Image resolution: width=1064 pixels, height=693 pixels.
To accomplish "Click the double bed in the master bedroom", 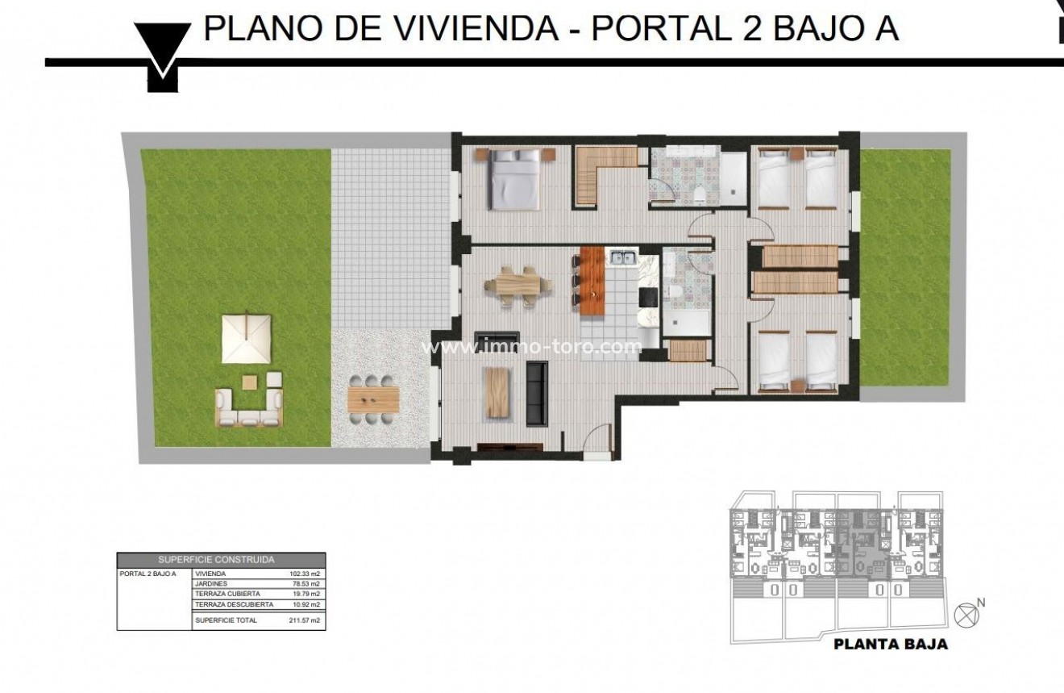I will [513, 179].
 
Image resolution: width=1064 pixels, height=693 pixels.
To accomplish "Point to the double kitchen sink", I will [622, 259].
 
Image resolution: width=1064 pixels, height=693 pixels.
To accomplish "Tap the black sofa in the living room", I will [536, 392].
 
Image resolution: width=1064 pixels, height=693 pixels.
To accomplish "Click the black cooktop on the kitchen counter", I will [649, 297].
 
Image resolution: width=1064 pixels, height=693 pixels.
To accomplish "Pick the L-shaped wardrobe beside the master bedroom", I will [601, 174].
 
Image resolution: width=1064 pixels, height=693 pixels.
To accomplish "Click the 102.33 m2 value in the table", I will [305, 574].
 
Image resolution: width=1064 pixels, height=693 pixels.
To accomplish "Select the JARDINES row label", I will [211, 583].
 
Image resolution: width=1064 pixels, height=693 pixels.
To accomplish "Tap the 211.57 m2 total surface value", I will [305, 620].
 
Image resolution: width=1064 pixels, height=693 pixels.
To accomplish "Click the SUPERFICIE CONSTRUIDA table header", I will [222, 558].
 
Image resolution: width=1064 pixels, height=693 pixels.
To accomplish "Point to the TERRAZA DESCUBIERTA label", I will [235, 603].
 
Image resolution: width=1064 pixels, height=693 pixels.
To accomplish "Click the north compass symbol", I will [963, 613].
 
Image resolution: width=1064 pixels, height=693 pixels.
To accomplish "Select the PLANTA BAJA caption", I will [890, 644].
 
